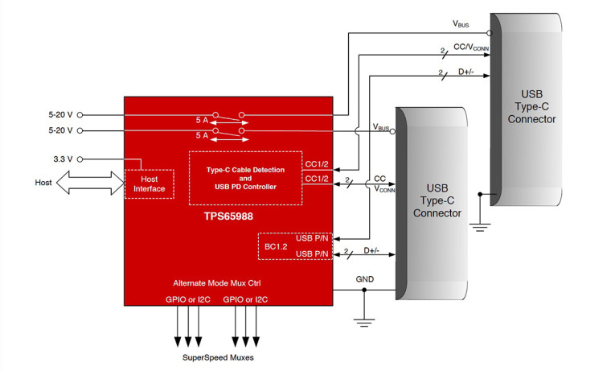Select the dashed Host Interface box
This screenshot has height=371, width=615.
[x=150, y=183]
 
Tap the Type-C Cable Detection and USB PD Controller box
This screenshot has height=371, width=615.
[x=245, y=176]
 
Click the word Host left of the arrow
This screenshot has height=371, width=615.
[x=43, y=183]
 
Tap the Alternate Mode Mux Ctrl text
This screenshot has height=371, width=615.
[x=227, y=282]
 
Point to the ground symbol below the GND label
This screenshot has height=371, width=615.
[x=364, y=323]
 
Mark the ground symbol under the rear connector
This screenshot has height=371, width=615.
[x=481, y=226]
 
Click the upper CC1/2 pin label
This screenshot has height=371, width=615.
[x=316, y=163]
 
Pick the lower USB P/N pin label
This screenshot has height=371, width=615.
[x=312, y=254]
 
